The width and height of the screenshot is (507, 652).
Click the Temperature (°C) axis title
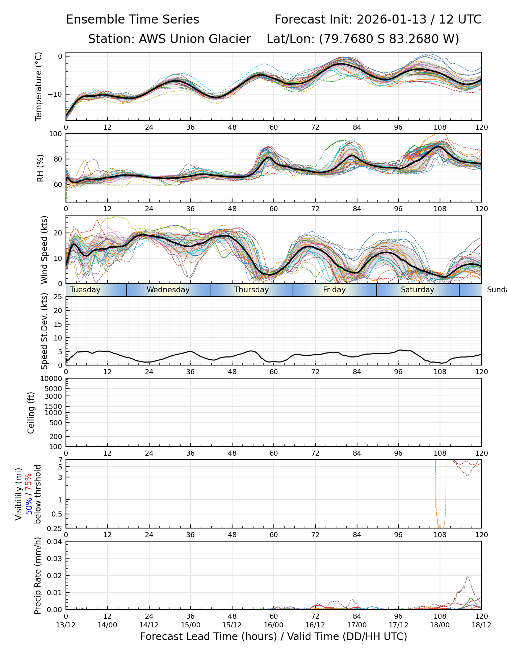pyautogui.click(x=39, y=86)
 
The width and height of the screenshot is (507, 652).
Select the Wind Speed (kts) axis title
pyautogui.click(x=44, y=250)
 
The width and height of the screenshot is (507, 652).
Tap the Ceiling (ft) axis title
pyautogui.click(x=31, y=413)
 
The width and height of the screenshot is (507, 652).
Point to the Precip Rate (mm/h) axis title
pyautogui.click(x=38, y=576)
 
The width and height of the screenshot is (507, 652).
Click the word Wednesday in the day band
pyautogui.click(x=168, y=290)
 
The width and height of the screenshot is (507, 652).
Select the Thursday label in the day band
pyautogui.click(x=251, y=290)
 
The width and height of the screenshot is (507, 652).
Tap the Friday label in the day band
pyautogui.click(x=334, y=290)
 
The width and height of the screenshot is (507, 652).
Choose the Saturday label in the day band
pyautogui.click(x=417, y=290)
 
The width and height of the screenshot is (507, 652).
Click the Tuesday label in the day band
pyautogui.click(x=85, y=290)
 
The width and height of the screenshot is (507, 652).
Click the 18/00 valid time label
pyautogui.click(x=440, y=625)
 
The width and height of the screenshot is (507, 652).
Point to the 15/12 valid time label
pyautogui.click(x=232, y=625)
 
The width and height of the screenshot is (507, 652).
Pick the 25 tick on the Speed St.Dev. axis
pyautogui.click(x=58, y=297)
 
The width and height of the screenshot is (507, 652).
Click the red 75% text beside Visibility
pyautogui.click(x=29, y=481)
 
